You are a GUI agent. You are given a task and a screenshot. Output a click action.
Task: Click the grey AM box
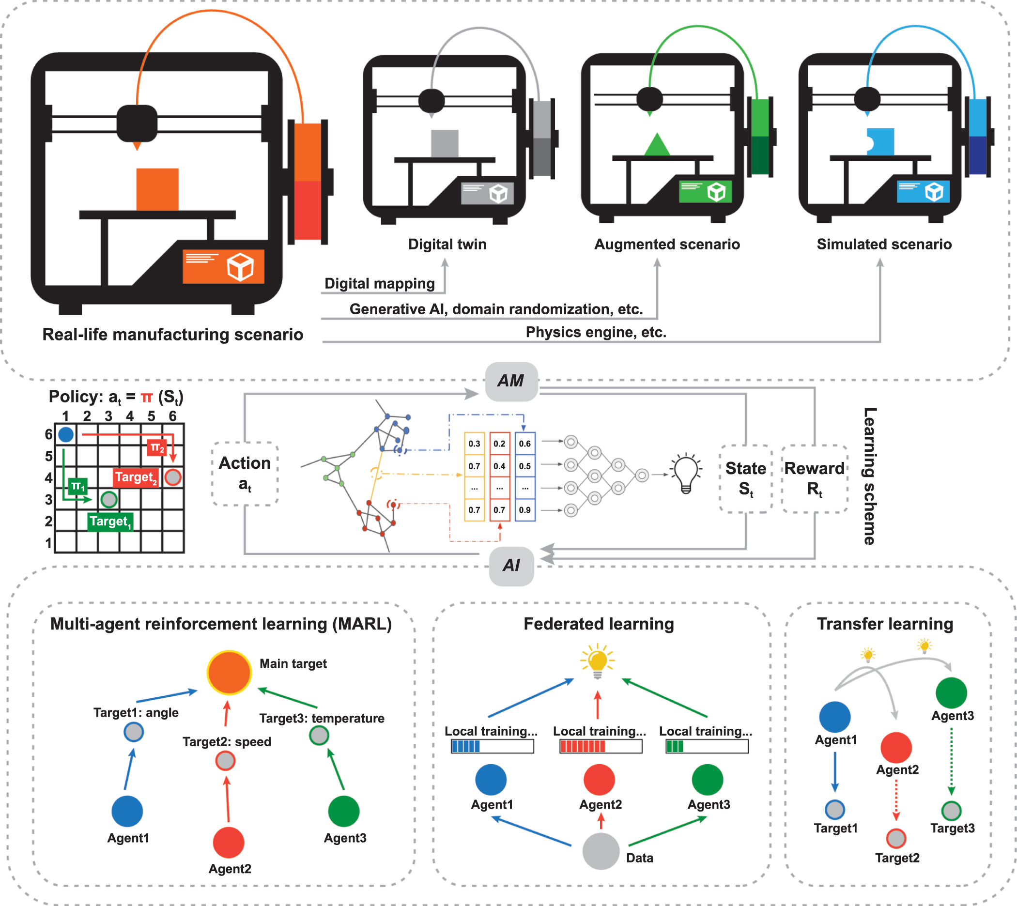coord(511,381)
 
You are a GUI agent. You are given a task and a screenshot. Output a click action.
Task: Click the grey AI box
coord(511,566)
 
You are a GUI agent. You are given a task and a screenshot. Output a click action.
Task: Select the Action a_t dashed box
coord(245,474)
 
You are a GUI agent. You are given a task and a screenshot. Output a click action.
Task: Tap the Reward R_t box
coord(815,478)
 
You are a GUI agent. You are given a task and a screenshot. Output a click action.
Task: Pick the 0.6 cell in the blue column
coord(524,444)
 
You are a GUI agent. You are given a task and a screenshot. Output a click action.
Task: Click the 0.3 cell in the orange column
coord(474,444)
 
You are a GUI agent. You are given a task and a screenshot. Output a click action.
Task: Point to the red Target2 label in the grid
coord(136,477)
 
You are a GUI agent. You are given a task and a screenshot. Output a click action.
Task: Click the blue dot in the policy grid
coord(66,434)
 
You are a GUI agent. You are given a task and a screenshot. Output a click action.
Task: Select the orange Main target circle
coord(229,672)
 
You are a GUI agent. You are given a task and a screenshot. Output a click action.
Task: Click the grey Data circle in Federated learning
coord(601,851)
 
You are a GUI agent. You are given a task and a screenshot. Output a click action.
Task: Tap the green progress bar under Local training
coord(707,746)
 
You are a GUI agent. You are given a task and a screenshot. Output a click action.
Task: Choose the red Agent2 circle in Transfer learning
coord(895,747)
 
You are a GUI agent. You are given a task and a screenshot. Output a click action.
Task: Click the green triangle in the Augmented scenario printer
coord(657,144)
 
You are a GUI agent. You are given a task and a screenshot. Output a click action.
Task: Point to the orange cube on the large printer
coord(157,189)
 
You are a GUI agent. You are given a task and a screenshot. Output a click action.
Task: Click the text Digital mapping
coord(379,284)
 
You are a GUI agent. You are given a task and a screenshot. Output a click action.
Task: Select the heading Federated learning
coord(599,624)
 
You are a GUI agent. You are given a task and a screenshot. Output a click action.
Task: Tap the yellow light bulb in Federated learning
coord(597,661)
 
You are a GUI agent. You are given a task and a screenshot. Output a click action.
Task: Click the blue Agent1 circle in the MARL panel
coord(127,811)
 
